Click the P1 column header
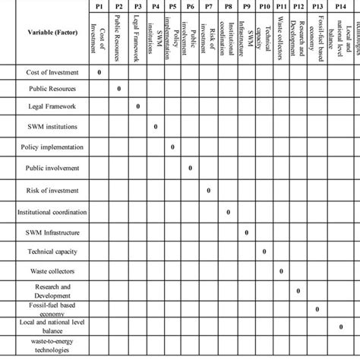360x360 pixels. click(x=100, y=5)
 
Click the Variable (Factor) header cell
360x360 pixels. click(x=52, y=33)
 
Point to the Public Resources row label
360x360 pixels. click(x=52, y=90)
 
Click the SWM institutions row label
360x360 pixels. click(x=52, y=126)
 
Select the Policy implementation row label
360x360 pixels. click(x=52, y=146)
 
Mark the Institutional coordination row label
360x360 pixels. click(x=52, y=212)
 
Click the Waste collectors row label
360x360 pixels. click(x=52, y=270)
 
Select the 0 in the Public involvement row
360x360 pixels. click(x=191, y=167)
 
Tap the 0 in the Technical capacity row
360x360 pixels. click(x=264, y=251)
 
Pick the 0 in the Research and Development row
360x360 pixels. click(x=298, y=290)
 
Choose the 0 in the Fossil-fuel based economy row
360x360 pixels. click(x=317, y=309)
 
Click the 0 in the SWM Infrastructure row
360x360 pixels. click(x=245, y=232)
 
